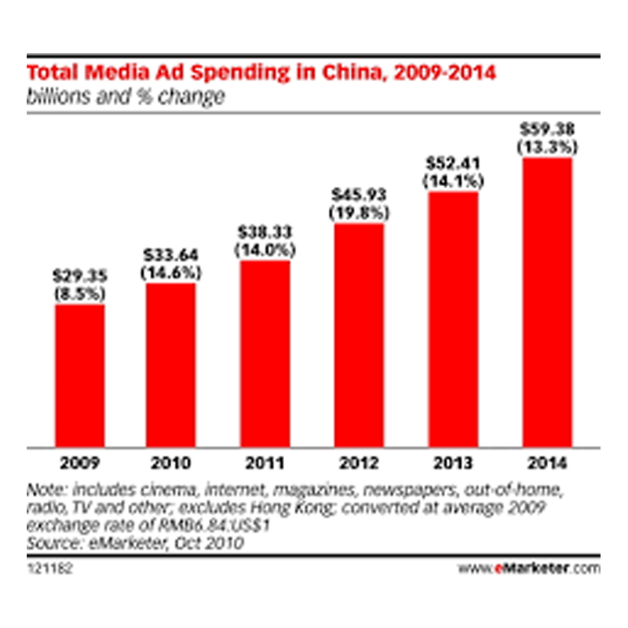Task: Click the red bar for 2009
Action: click(x=79, y=373)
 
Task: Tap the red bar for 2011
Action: click(x=264, y=352)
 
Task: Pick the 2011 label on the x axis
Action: click(x=264, y=461)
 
